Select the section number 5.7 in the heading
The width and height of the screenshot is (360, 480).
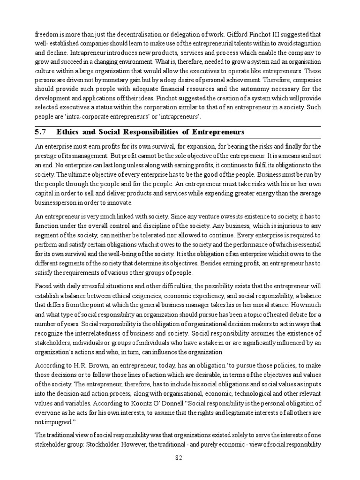[40, 132]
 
